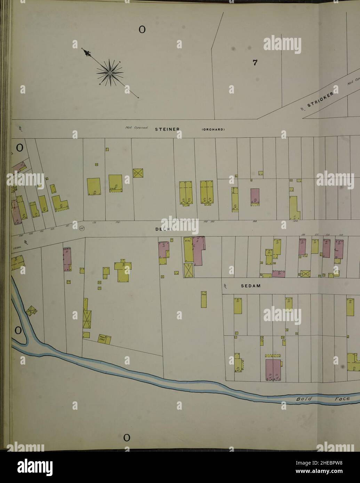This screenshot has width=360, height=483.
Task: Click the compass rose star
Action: click(110, 73)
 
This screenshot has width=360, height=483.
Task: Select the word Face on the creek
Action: click(342, 399)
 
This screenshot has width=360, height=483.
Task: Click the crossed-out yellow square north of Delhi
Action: click(138, 173)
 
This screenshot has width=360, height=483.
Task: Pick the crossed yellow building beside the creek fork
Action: click(32, 311)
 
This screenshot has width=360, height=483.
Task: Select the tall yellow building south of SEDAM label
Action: click(204, 299)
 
